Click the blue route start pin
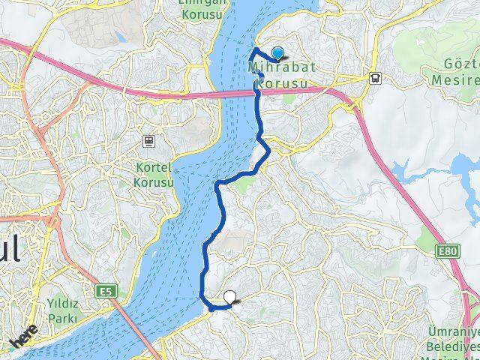tap(278, 53)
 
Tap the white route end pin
tap(229, 298)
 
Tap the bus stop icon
tap(373, 77)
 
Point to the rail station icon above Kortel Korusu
tap(150, 140)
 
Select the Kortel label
tap(155, 166)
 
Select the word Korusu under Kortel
tap(154, 181)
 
